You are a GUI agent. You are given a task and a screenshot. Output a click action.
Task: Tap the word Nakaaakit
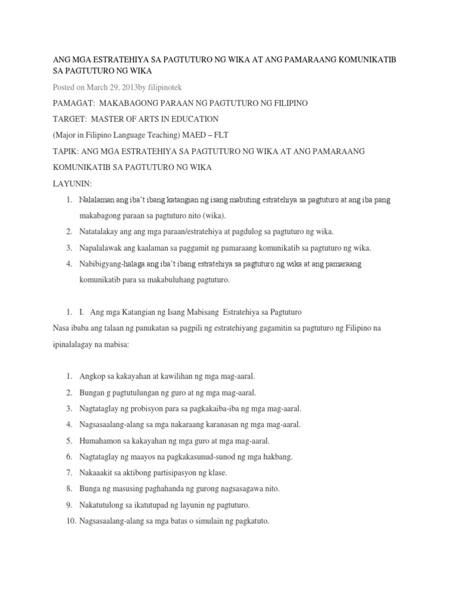[x=97, y=472]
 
